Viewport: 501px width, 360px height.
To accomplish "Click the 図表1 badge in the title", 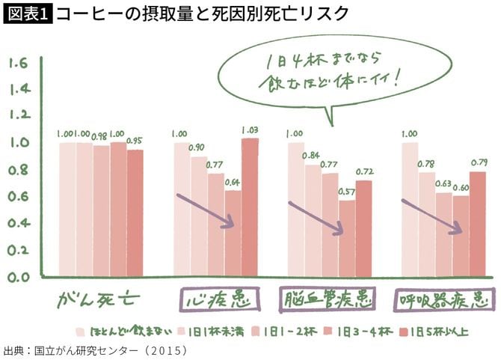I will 28,13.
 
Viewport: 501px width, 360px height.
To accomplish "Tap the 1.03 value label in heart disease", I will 249,131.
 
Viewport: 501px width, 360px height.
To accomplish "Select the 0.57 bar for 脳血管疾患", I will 346,238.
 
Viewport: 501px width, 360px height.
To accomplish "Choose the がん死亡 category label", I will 99,301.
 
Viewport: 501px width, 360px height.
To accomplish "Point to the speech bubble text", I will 324,70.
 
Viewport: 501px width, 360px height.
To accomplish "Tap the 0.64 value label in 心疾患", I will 233,182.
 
